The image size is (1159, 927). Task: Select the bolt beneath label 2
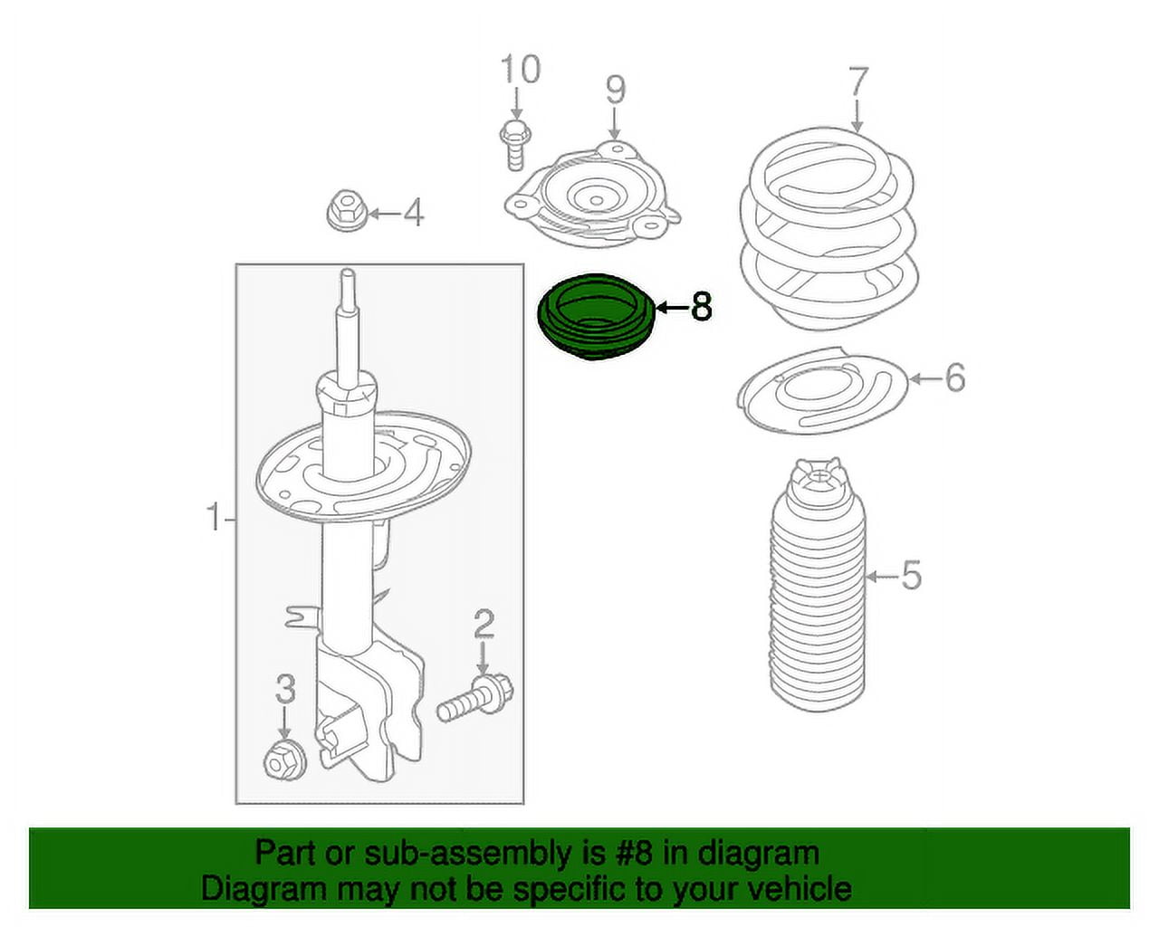tap(474, 696)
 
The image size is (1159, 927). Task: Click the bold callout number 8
tap(702, 308)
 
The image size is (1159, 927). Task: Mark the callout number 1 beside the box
tap(214, 519)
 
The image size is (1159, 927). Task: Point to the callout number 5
tap(911, 575)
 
